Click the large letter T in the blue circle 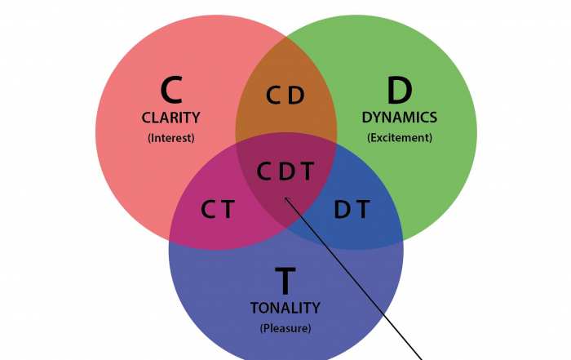[x=285, y=281]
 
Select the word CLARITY [x=170, y=118]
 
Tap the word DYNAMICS [x=400, y=118]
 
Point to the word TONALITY [x=285, y=308]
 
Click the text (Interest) [x=170, y=137]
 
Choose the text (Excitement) [x=400, y=137]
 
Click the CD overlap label [x=285, y=96]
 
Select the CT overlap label [x=218, y=210]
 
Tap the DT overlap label [x=352, y=210]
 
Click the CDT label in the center [x=285, y=171]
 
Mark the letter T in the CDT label [x=307, y=171]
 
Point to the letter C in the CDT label [x=264, y=171]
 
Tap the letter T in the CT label [x=228, y=210]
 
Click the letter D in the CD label [x=296, y=96]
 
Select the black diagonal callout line [x=359, y=282]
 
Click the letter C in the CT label [x=208, y=210]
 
